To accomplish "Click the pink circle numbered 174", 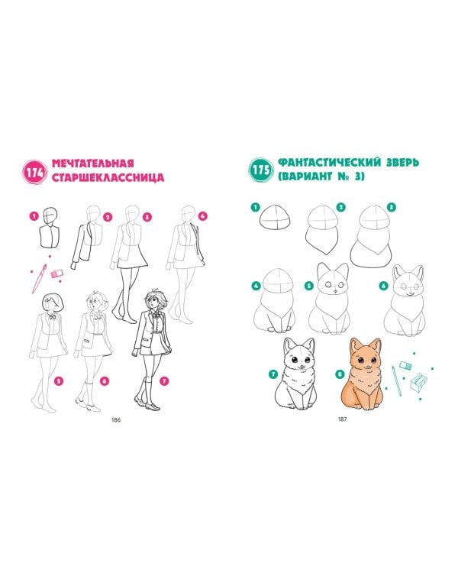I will coord(35,171).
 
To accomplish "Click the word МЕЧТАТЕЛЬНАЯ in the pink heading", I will coord(92,163).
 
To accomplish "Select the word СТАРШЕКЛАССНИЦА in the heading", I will coord(107,178).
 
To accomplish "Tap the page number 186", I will coord(116,419).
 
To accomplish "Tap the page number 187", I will coord(343,419).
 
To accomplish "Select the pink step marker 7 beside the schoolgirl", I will coord(163,380).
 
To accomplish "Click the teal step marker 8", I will coord(341,374).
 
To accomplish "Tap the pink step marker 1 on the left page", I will coord(34,216).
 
